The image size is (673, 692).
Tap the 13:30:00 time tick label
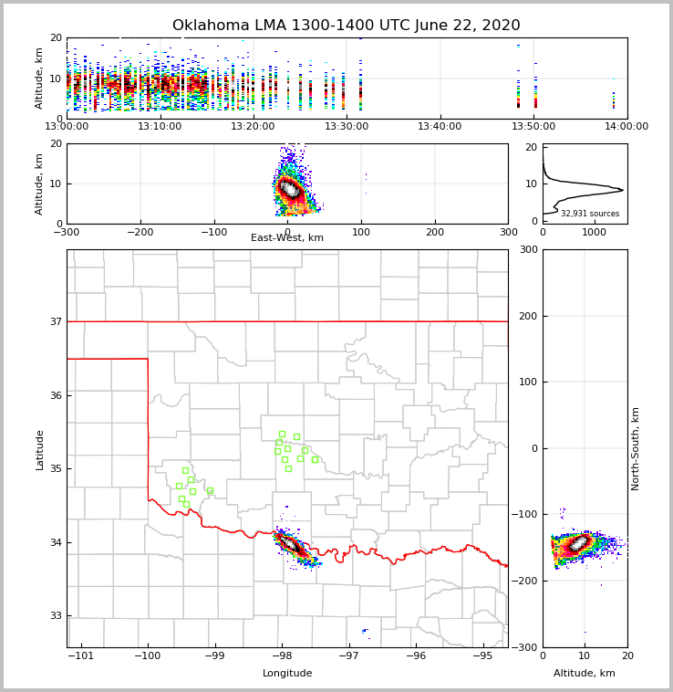[x=347, y=127]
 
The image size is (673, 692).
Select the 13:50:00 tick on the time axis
[x=533, y=127]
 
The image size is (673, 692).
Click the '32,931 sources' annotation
[x=590, y=214]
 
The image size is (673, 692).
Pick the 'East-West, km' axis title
[x=287, y=238]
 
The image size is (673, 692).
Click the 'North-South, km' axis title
[x=636, y=448]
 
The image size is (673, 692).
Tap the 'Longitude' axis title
[x=287, y=674]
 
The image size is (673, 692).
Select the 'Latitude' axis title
[x=39, y=449]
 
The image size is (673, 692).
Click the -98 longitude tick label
[x=281, y=656]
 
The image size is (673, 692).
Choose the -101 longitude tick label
[x=81, y=656]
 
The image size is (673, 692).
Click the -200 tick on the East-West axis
[x=140, y=232]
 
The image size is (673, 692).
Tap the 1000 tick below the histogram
[x=594, y=232]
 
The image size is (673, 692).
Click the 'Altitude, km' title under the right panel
[x=585, y=674]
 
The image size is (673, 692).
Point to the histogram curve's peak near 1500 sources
[x=622, y=190]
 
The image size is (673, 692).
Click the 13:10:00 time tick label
[x=160, y=127]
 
